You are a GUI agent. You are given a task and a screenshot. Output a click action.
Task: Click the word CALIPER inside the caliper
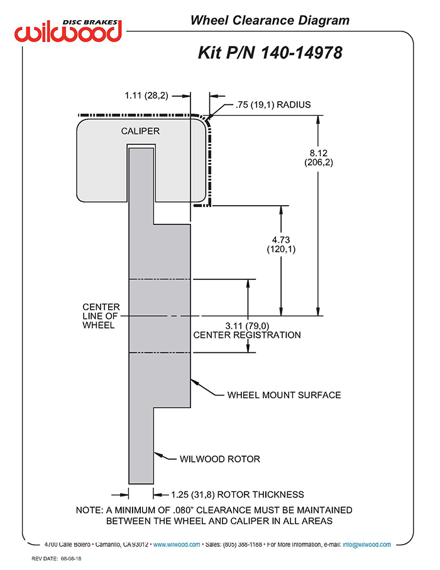140,131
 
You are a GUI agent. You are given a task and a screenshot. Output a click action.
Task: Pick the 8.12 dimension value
318,152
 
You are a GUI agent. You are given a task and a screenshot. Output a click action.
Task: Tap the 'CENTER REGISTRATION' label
247,335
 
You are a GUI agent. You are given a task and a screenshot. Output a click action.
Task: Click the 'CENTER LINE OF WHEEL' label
101,316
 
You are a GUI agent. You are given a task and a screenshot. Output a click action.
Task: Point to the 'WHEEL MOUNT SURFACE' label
284,395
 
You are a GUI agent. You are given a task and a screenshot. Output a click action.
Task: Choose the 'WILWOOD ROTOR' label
220,459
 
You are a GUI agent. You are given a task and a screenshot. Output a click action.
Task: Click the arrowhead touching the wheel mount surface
194,381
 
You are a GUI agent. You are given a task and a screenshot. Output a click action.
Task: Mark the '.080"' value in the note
201,510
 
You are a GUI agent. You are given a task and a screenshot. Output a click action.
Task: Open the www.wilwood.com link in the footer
177,544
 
